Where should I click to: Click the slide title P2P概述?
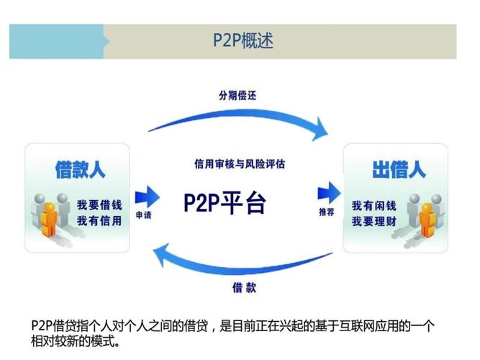coord(243,40)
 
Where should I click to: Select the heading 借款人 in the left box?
coord(80,170)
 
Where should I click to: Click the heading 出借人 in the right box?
coord(399,170)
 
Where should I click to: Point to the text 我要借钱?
coord(99,205)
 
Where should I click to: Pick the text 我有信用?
coord(99,220)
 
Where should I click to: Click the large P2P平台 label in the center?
coord(225,203)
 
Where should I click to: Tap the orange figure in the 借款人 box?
coord(50,216)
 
